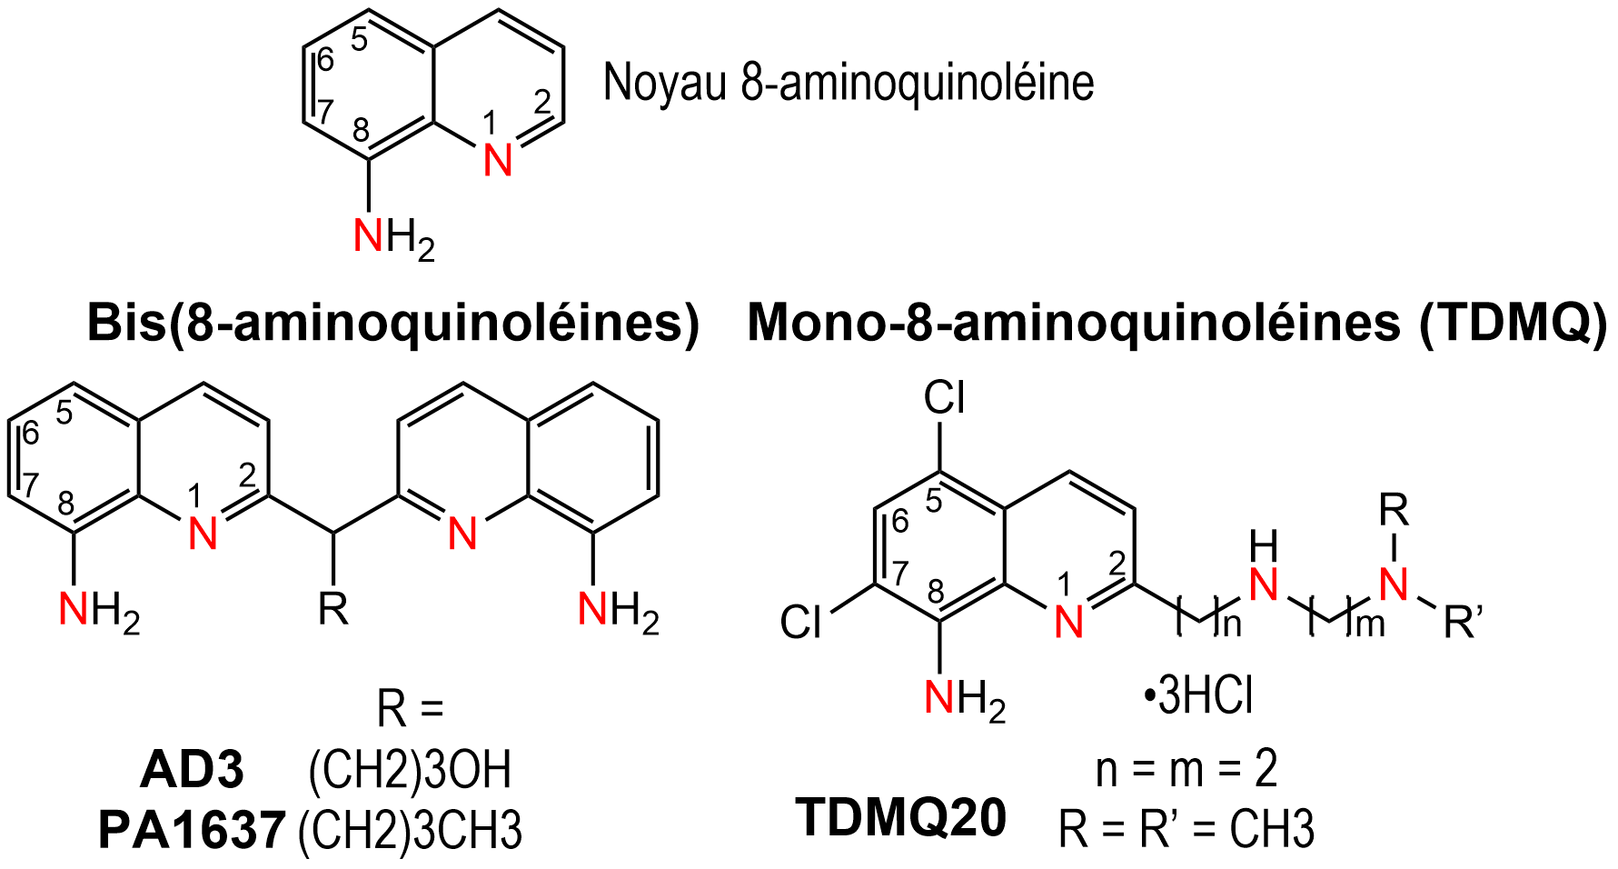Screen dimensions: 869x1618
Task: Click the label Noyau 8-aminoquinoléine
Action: click(x=849, y=84)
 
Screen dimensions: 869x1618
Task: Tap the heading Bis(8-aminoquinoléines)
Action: click(x=393, y=323)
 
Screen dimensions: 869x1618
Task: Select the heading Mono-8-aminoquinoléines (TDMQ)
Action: click(x=1176, y=323)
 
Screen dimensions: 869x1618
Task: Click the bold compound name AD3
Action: click(x=193, y=770)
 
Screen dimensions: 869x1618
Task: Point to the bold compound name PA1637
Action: click(x=193, y=829)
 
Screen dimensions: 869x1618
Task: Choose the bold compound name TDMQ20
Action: click(x=901, y=816)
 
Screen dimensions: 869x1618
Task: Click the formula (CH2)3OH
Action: click(x=410, y=770)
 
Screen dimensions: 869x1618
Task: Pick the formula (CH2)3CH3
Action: click(x=410, y=829)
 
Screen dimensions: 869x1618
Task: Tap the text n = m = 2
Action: click(x=1186, y=769)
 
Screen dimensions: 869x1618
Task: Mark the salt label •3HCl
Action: click(x=1198, y=698)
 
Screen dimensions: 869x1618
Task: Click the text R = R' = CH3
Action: click(x=1186, y=829)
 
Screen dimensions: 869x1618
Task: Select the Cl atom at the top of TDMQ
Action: click(x=944, y=398)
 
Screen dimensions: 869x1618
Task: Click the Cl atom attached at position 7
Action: click(x=801, y=623)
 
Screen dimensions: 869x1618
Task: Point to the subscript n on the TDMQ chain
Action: click(x=1231, y=626)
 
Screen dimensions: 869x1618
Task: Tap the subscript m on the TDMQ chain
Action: click(x=1370, y=626)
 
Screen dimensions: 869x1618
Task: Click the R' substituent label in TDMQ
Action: click(x=1463, y=624)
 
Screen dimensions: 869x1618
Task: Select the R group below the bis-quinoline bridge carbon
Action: click(x=333, y=609)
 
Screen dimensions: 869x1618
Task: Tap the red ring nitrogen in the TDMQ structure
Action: click(x=1069, y=623)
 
